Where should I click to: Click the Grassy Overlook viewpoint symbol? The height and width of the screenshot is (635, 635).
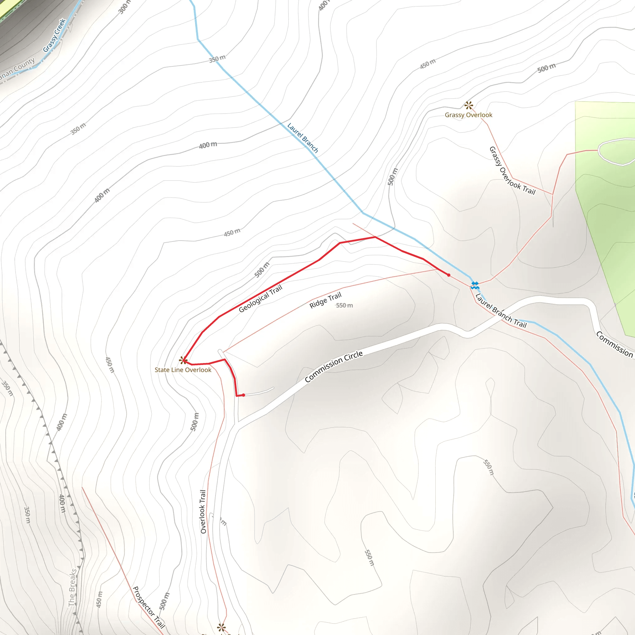point(469,105)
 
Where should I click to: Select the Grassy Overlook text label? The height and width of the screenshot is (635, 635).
point(468,115)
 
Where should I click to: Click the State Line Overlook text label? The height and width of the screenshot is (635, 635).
point(183,370)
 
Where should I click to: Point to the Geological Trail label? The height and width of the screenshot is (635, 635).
point(260,299)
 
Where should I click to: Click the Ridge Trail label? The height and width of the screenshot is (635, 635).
point(325,300)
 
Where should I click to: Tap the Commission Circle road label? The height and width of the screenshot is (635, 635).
point(334,366)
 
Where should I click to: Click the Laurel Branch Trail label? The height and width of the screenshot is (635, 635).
point(501,311)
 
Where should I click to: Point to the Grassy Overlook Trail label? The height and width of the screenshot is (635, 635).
point(512,171)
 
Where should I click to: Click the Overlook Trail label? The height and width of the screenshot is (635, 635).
point(203,511)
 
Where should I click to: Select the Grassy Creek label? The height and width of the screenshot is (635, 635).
point(55,35)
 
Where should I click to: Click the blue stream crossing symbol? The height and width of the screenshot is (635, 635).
point(475,285)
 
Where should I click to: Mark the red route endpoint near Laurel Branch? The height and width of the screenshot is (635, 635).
point(449,275)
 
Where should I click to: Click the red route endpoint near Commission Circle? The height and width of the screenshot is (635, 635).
point(243,395)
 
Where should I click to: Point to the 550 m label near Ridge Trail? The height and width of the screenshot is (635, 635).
point(344,305)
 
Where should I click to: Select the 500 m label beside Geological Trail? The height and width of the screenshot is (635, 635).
point(262,269)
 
